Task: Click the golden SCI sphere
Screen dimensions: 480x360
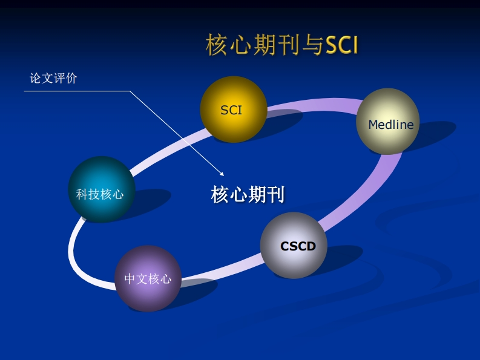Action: pos(233,110)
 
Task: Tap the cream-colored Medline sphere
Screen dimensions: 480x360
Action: pos(388,121)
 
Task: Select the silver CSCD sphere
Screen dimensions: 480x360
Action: pos(294,245)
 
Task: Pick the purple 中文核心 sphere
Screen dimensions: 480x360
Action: pos(148,278)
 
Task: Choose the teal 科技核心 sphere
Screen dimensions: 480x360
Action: pos(102,189)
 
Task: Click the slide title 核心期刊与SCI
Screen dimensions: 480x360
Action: pos(282,45)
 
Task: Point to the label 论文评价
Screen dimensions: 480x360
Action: pos(53,79)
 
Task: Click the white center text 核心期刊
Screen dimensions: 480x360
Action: pos(248,194)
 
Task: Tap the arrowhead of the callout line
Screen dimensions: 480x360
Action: pos(222,174)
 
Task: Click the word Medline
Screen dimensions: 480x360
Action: pos(391,125)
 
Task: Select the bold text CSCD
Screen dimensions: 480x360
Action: pos(298,246)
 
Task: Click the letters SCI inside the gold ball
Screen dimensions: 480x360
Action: pos(231,110)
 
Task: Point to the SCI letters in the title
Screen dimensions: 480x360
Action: pos(341,45)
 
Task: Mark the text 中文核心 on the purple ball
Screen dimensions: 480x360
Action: pos(148,279)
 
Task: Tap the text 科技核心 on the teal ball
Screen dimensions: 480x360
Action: pos(100,194)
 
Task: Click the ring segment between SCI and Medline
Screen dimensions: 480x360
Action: pos(312,105)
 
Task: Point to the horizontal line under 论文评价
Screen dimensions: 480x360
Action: pos(77,91)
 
